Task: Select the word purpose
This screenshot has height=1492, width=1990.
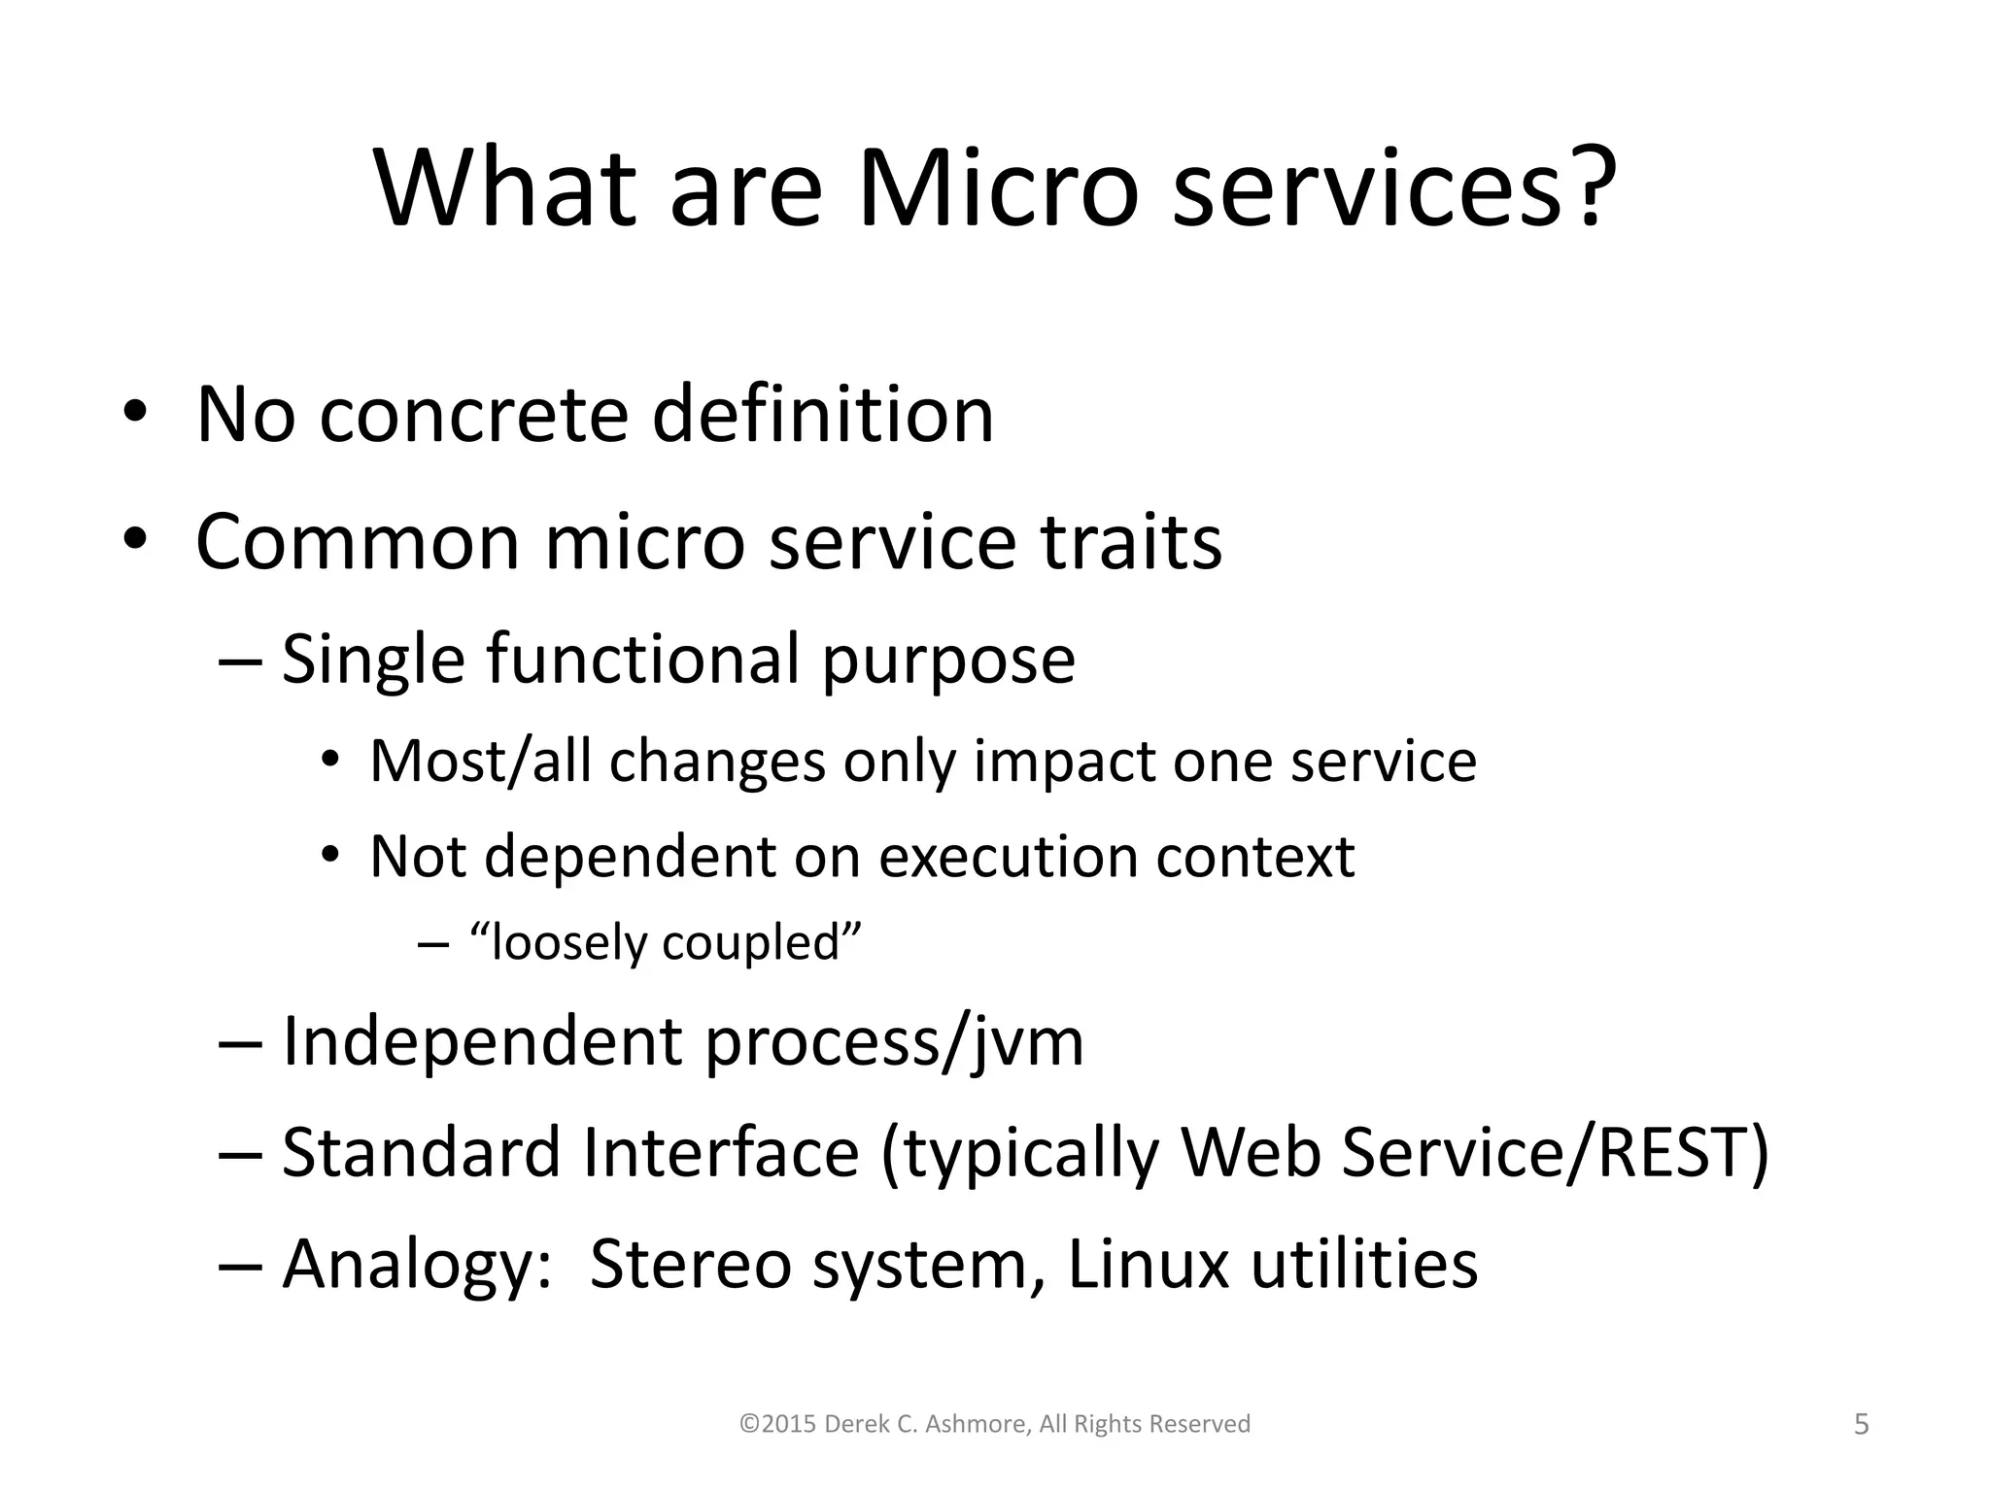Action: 948,662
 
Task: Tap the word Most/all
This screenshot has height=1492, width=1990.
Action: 480,763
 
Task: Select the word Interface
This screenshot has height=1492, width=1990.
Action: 721,1153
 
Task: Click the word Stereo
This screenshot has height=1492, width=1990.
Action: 690,1265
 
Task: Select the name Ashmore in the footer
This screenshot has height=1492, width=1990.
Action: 978,1424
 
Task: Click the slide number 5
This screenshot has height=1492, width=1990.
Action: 1861,1425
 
